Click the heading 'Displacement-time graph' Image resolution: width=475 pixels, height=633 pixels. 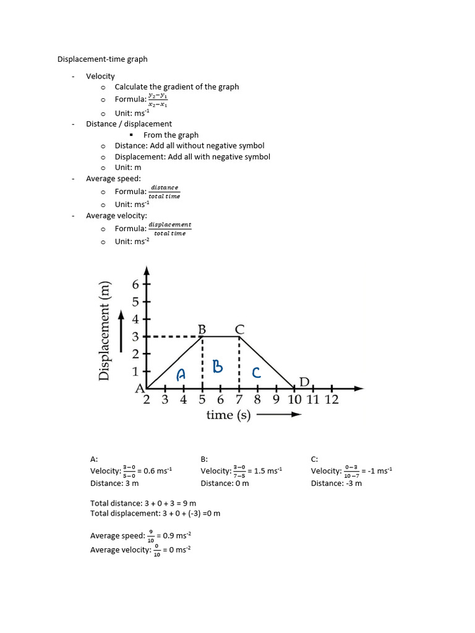tap(103, 59)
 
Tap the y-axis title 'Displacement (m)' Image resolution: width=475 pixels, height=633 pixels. tap(106, 331)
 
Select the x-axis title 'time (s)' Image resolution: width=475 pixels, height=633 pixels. tap(228, 415)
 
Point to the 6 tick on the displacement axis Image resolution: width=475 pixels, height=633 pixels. tap(136, 285)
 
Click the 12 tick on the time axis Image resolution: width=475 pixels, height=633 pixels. tap(332, 399)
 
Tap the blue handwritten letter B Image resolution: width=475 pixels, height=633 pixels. tap(217, 367)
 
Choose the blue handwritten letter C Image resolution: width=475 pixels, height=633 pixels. tap(255, 372)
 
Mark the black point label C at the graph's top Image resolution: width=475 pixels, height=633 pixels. tap(239, 329)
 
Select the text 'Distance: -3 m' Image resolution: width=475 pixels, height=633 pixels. tap(336, 483)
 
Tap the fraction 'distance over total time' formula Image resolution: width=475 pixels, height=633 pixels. tap(165, 192)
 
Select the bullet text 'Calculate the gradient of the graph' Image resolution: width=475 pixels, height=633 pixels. tap(177, 87)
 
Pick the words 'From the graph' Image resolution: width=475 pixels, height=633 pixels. tap(171, 135)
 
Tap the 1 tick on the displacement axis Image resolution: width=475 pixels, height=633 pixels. tap(135, 372)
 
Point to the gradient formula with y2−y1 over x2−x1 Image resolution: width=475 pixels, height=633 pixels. tap(158, 100)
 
